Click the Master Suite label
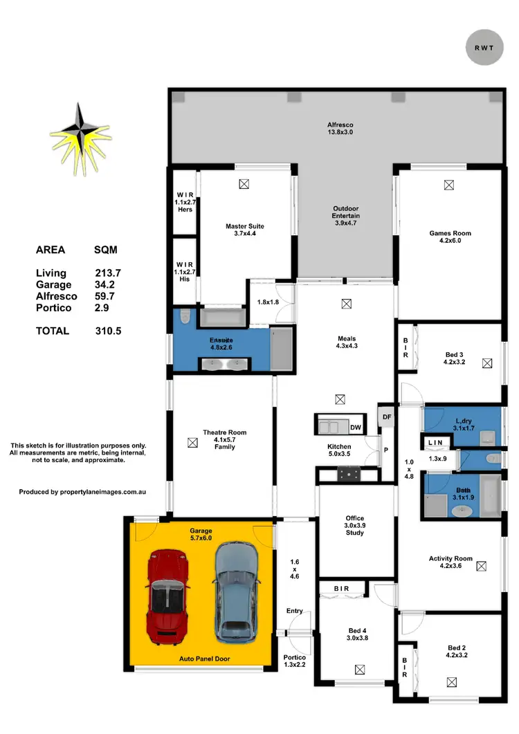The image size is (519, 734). (244, 230)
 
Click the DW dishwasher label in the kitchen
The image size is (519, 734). (356, 428)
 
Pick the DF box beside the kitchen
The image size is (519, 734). (387, 417)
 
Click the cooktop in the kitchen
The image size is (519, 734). (348, 474)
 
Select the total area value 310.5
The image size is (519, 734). (109, 331)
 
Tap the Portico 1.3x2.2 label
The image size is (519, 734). (294, 662)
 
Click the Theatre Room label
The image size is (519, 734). (224, 439)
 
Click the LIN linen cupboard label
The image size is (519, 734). (435, 442)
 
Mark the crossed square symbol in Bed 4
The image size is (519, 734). (359, 668)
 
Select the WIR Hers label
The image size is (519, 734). (184, 203)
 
